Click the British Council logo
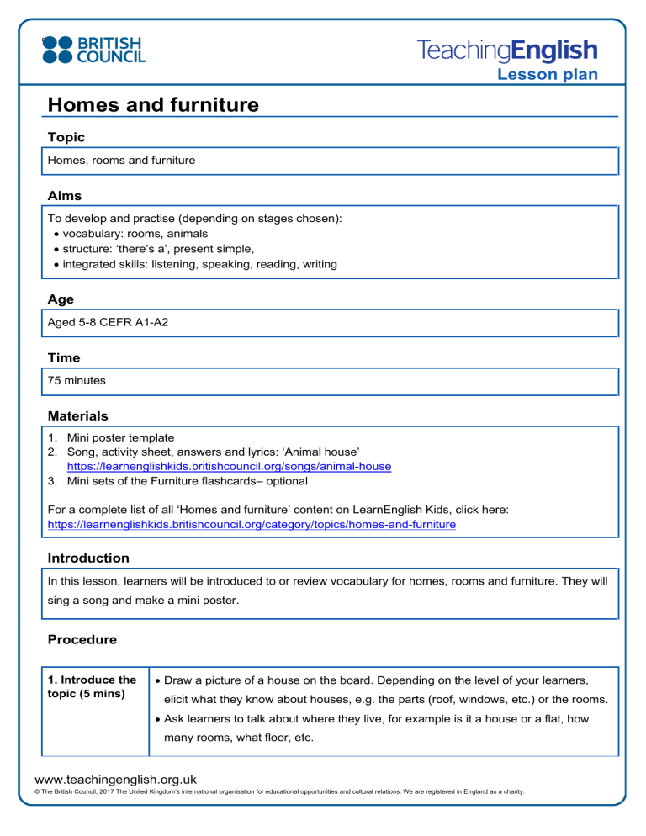pyautogui.click(x=93, y=49)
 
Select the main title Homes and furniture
pyautogui.click(x=153, y=105)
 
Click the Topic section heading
pyautogui.click(x=66, y=136)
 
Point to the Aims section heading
pyautogui.click(x=65, y=195)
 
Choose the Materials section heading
pyautogui.click(x=77, y=415)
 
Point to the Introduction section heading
pyautogui.click(x=88, y=558)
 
